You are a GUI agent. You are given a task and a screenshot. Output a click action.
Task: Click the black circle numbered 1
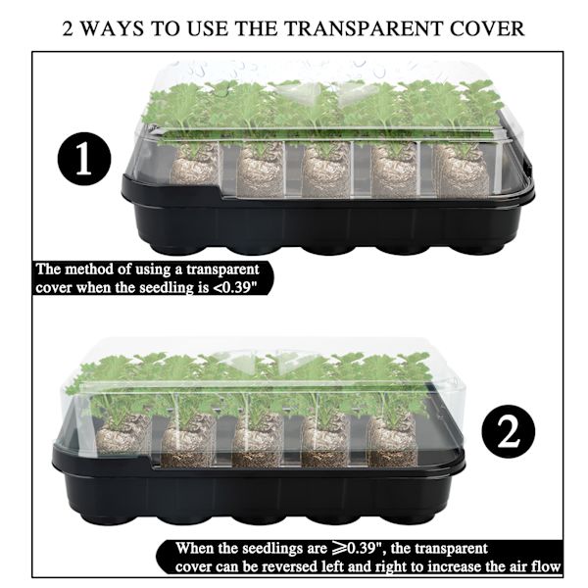point(84,159)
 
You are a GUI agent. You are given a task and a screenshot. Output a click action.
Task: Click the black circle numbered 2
point(508,431)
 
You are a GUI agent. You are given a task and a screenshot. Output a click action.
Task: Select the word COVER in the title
point(487,28)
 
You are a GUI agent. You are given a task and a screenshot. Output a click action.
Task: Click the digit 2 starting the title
point(68,28)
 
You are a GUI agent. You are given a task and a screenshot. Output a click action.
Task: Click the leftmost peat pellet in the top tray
point(195,164)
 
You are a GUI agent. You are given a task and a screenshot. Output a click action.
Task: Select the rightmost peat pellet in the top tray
point(463,170)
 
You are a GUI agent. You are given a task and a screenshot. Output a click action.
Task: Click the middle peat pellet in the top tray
point(326,170)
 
